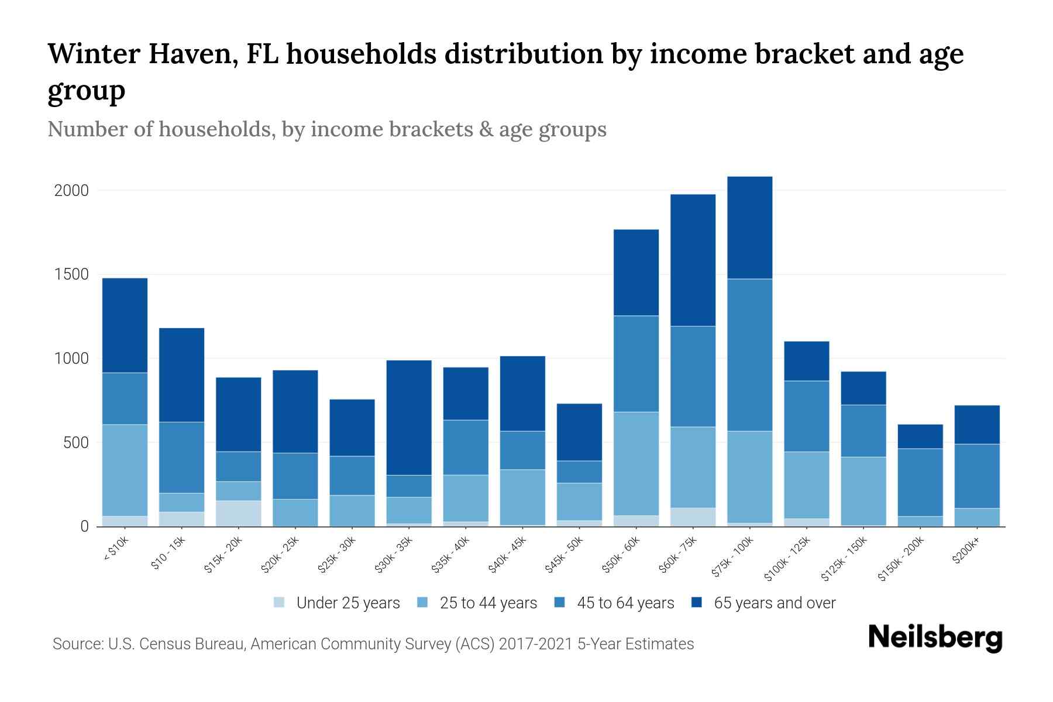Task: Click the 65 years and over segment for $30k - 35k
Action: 409,418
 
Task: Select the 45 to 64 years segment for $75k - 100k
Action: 750,355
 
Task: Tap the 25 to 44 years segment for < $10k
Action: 125,470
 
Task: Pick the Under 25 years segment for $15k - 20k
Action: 239,513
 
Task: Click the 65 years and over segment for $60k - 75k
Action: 693,260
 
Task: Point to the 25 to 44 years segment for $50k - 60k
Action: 636,464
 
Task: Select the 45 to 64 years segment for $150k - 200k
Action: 920,483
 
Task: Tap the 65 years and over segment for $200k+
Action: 977,425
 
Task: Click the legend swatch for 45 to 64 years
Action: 560,603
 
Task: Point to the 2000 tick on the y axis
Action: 71,191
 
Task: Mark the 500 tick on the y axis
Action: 76,443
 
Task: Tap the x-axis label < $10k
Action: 116,550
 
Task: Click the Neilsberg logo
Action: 935,638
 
